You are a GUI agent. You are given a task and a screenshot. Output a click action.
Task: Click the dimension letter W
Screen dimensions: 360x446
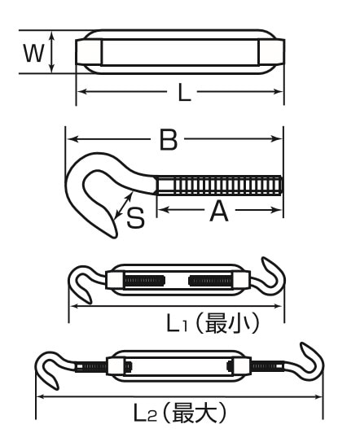[34, 53]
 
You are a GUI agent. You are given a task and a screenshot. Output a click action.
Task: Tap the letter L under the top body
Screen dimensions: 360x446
[184, 93]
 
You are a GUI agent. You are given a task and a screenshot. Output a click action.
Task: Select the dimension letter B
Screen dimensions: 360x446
[169, 139]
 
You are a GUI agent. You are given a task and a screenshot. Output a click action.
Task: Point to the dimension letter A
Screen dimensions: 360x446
[219, 211]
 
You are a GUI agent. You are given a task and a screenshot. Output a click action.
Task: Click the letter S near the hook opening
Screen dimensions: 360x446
[135, 218]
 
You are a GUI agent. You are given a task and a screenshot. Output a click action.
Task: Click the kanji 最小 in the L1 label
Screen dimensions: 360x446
[227, 323]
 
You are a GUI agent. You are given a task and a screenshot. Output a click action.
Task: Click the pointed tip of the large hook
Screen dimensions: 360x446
[115, 237]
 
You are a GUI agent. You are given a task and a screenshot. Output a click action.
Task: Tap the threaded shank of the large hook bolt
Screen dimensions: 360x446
[219, 186]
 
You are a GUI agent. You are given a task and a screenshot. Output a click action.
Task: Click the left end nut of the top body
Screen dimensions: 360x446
[89, 52]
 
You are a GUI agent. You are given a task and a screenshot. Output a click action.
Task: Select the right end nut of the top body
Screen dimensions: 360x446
[271, 52]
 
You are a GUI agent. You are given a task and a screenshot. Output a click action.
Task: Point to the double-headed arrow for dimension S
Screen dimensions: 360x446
[124, 206]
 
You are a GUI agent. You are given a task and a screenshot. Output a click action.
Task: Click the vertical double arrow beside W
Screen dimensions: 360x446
[51, 52]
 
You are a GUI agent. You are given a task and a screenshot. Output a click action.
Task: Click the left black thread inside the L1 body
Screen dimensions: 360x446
[144, 281]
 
